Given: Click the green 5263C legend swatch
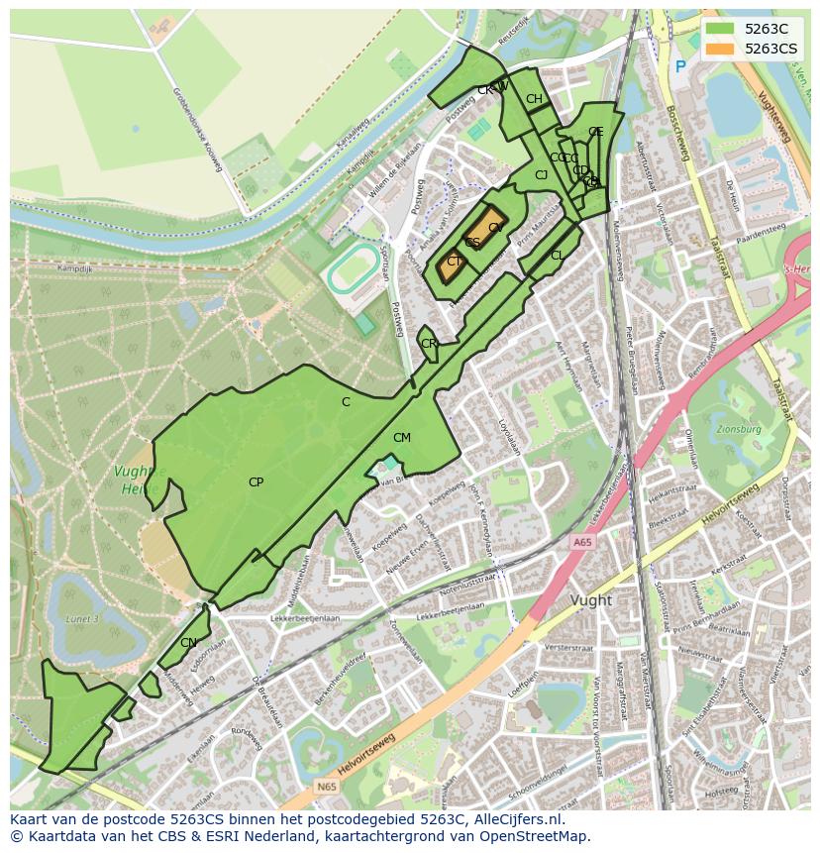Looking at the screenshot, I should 721,29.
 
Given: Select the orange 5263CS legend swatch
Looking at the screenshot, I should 721,49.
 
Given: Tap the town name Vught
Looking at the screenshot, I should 591,600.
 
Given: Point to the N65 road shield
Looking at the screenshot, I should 326,787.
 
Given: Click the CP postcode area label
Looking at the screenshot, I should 256,482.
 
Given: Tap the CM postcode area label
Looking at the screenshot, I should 401,438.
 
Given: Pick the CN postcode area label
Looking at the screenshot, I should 188,643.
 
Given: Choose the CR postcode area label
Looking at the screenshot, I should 429,344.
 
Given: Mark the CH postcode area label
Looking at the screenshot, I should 534,99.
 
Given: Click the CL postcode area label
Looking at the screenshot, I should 558,256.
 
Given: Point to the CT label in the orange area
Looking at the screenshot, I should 454,262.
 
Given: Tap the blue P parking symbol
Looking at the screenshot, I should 679,66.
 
